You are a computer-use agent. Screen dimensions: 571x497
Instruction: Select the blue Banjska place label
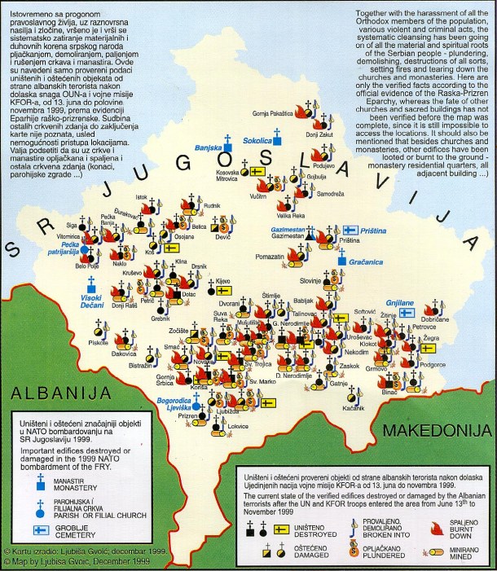pos(209,148)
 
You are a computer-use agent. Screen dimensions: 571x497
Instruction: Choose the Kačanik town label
pos(353,407)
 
